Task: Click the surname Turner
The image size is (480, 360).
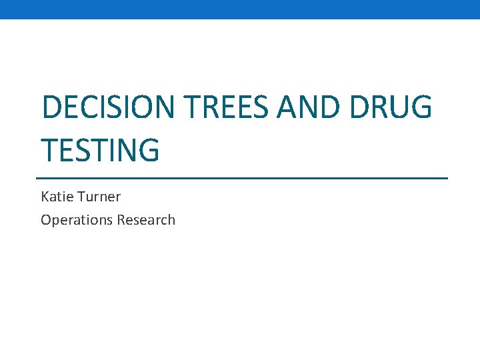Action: coord(99,197)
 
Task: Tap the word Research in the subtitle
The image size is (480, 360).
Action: coord(146,220)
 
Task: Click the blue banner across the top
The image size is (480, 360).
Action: coord(240,9)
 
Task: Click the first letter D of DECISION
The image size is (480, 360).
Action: coord(51,107)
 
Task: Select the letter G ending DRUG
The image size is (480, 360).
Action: coord(419,107)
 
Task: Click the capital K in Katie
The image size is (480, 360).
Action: coord(45,197)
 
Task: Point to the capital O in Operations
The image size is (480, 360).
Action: coord(45,220)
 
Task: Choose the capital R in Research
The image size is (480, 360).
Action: coord(121,220)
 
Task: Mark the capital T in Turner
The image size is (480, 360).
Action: coord(80,197)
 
